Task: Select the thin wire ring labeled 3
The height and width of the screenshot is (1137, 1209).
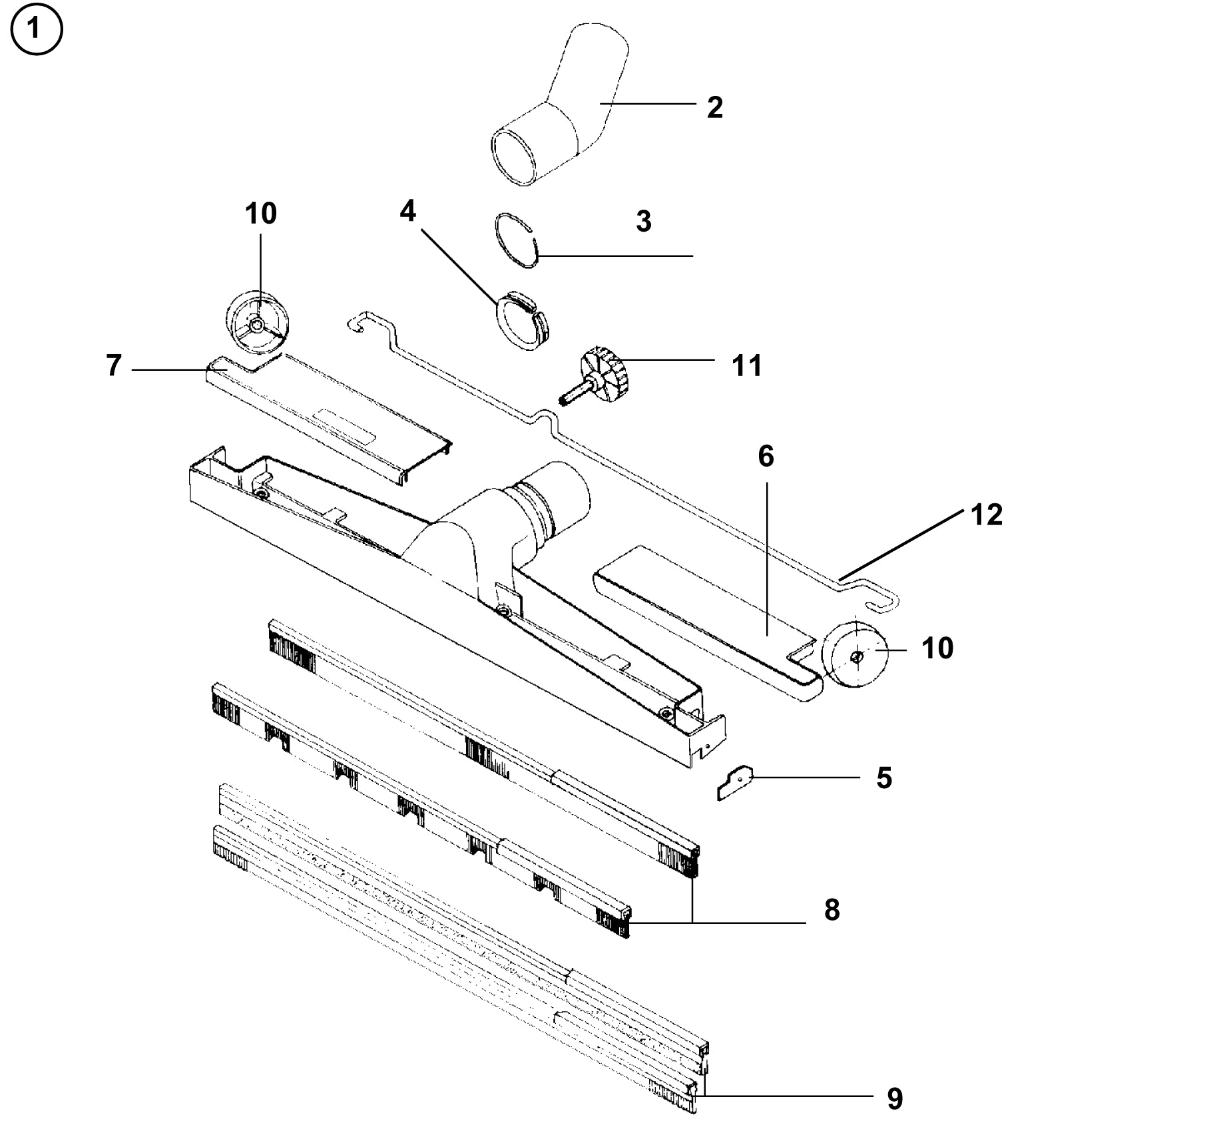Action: [517, 240]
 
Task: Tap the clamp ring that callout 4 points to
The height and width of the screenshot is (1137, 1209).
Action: [523, 320]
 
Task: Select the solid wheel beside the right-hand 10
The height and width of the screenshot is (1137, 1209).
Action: [855, 656]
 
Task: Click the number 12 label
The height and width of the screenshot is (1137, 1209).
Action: [987, 515]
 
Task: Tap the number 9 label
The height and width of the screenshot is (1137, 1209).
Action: [895, 1099]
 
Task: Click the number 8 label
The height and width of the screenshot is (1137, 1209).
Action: [832, 909]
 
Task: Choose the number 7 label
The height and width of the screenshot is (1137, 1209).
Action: [114, 365]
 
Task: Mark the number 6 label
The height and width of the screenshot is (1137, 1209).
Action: [766, 457]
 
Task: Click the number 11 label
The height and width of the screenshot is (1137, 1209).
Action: [746, 365]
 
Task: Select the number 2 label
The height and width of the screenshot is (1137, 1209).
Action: [714, 107]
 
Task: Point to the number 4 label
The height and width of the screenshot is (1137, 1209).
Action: [407, 212]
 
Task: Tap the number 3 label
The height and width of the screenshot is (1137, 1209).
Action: [643, 221]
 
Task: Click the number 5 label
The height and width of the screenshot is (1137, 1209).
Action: [884, 778]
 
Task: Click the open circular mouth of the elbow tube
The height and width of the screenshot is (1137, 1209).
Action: [515, 156]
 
